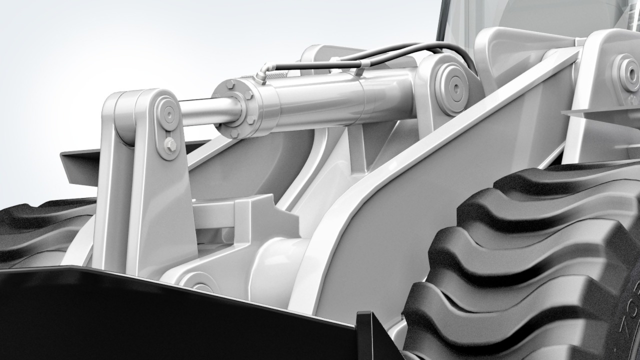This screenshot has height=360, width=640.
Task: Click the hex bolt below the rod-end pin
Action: [170, 145]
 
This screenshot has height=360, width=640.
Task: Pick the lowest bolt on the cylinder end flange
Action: [234, 133]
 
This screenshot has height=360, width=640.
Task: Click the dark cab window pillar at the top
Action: [441, 20]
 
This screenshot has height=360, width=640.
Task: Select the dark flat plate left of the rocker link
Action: [80, 165]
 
